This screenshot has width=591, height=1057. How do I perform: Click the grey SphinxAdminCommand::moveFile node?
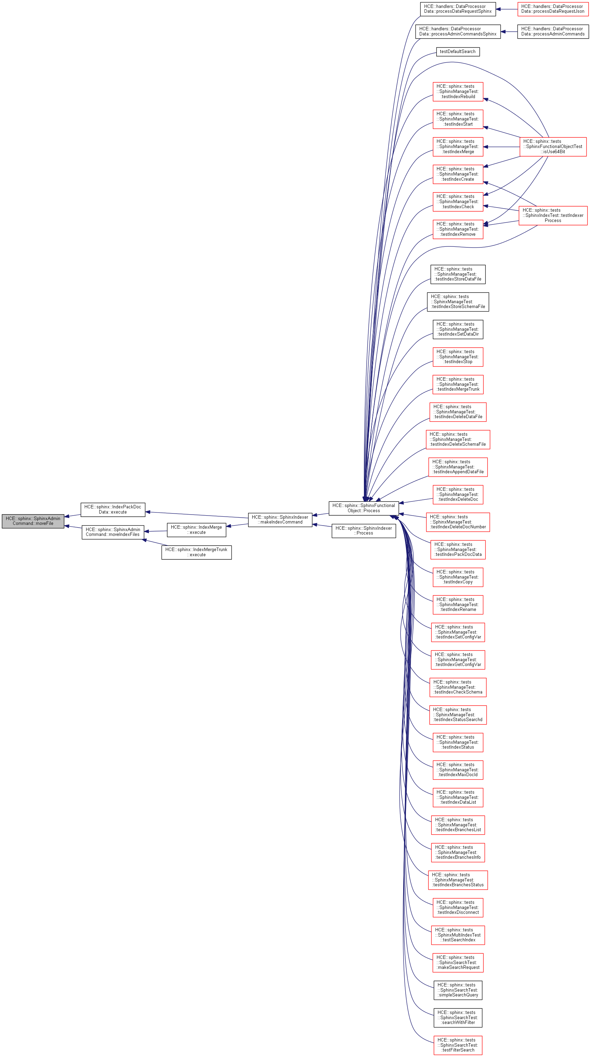33,521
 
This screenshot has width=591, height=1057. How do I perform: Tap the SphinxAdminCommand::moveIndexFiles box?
113,532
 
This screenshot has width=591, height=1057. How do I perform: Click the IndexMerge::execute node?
196,529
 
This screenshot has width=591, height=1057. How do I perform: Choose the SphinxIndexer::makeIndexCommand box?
280,519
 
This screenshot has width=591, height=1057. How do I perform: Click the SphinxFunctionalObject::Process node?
364,508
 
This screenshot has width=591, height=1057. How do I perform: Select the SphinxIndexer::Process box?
364,530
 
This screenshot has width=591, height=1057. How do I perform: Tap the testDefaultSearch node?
458,52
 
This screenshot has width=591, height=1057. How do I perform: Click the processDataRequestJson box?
552,9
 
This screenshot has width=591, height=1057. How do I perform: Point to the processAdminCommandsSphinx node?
458,32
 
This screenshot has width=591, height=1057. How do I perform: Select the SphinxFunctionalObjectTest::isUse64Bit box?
553,147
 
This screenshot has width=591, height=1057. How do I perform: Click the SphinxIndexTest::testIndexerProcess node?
553,215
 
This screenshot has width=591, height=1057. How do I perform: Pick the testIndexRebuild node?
458,92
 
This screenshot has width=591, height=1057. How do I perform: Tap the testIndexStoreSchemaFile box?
458,302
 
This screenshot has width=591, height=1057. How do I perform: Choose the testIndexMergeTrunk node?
458,384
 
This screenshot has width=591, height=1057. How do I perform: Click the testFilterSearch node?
458,1045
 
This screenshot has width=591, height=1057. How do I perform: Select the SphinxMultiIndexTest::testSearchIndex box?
458,935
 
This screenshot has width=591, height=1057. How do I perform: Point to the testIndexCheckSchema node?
458,687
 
